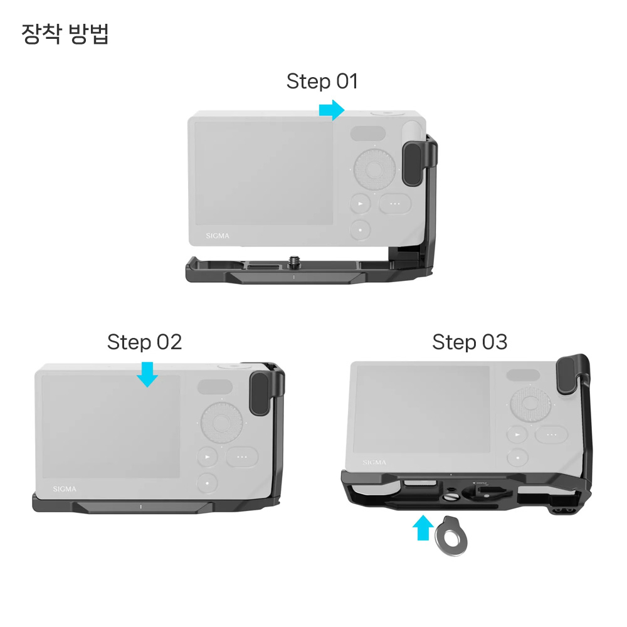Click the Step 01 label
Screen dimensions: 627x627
[x=322, y=82]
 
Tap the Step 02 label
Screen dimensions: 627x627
[x=144, y=342]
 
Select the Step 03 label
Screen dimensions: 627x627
[x=470, y=342]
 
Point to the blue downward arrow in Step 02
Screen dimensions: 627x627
[x=147, y=375]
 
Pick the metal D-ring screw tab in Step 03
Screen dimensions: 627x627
[x=451, y=535]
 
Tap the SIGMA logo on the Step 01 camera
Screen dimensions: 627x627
[x=218, y=236]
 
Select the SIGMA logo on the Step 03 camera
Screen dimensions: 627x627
[x=374, y=463]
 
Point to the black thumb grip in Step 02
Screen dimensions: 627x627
[x=261, y=393]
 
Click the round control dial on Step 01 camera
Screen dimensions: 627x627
[x=374, y=168]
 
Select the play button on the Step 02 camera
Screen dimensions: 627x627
[x=208, y=458]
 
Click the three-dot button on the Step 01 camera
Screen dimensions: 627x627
[x=394, y=204]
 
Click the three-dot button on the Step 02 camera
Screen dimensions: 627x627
[x=242, y=458]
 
